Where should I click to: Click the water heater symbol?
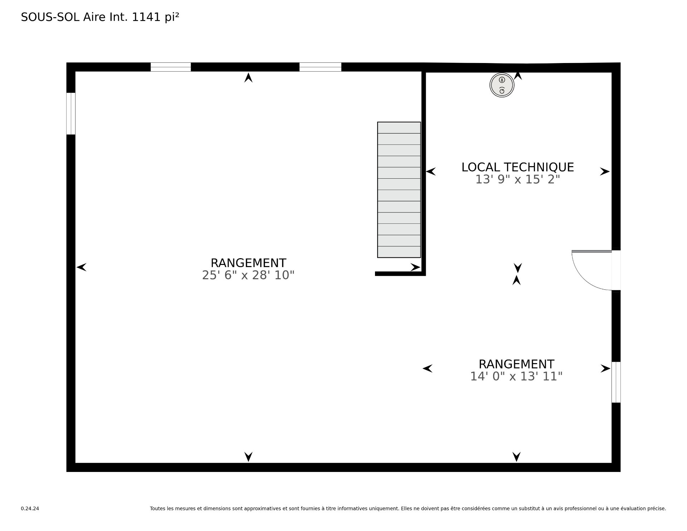click(x=502, y=85)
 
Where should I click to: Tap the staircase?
click(x=399, y=190)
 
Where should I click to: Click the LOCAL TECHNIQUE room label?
click(x=517, y=167)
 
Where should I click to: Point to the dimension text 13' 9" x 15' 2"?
click(x=517, y=179)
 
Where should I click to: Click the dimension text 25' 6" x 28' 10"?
click(x=248, y=275)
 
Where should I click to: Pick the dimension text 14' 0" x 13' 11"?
click(x=516, y=376)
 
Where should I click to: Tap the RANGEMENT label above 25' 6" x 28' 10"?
click(x=248, y=263)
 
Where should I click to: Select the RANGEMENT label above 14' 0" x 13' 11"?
click(x=516, y=364)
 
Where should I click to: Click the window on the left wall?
click(x=71, y=114)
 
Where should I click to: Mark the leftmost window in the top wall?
click(x=171, y=67)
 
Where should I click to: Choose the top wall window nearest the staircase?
click(x=320, y=67)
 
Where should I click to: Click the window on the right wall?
click(x=616, y=382)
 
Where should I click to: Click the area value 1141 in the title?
click(x=146, y=17)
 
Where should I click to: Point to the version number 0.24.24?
click(x=30, y=508)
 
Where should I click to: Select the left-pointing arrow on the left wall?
click(x=82, y=267)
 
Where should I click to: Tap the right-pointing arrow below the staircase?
click(x=415, y=267)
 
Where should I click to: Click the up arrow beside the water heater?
click(x=518, y=75)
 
